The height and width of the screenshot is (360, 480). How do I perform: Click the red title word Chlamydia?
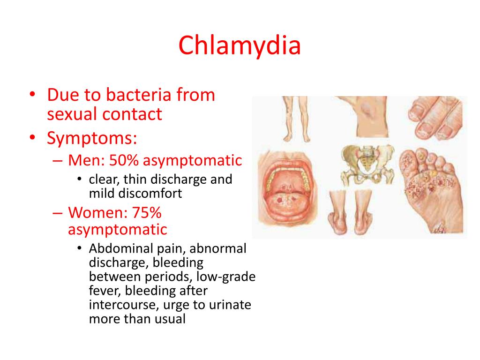pyautogui.click(x=240, y=46)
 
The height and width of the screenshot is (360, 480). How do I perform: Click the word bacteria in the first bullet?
pyautogui.click(x=142, y=95)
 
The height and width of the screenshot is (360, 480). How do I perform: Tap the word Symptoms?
pyautogui.click(x=92, y=138)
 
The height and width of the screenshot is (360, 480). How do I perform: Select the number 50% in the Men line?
pyautogui.click(x=124, y=161)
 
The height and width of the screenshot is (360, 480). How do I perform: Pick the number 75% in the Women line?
pyautogui.click(x=147, y=213)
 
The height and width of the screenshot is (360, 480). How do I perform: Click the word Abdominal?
pyautogui.click(x=118, y=249)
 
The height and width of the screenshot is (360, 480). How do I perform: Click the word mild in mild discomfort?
pyautogui.click(x=102, y=193)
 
